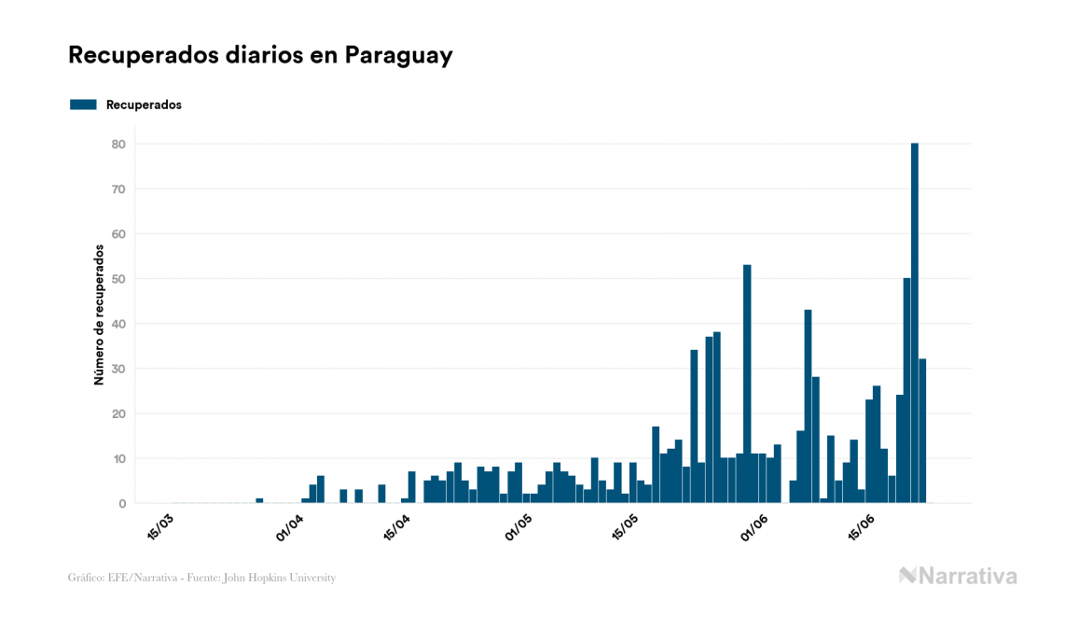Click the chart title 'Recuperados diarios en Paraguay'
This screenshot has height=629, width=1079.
tap(260, 55)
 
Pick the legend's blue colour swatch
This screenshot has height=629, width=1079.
tap(83, 105)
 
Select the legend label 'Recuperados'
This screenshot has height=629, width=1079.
tap(144, 105)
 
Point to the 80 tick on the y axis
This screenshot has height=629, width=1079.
tap(119, 144)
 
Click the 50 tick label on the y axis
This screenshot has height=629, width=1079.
tap(119, 279)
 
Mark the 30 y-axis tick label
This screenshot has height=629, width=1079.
tap(119, 369)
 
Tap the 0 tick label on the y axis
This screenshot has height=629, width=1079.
tap(122, 504)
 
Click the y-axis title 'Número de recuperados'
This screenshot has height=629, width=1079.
tap(98, 314)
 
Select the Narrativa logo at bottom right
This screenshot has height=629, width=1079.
tap(958, 576)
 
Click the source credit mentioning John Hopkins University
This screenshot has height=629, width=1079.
tap(201, 578)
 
